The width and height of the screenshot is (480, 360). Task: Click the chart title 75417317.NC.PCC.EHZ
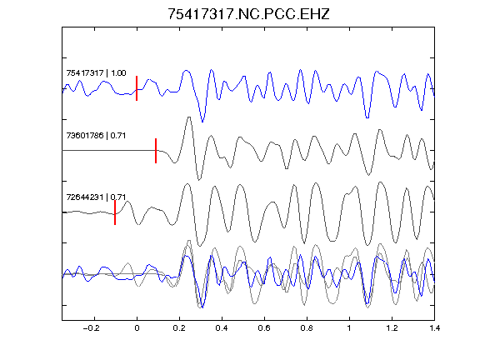coord(248,14)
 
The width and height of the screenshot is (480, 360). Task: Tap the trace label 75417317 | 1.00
coord(96,73)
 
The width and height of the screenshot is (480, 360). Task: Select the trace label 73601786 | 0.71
coord(96,135)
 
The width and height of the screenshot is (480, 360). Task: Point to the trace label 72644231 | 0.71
coord(96,197)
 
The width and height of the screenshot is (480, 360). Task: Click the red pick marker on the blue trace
coord(137,88)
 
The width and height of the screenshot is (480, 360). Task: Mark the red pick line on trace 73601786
coord(156,151)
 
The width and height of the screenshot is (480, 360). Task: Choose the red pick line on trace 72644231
coord(115,212)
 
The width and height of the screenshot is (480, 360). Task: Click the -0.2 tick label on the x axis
coord(92,328)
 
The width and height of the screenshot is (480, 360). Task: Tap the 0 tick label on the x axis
coord(137,328)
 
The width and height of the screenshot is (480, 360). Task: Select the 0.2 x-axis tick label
coord(179,328)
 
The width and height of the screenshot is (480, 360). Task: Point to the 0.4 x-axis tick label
coord(222,328)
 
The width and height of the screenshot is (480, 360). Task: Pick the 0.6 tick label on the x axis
coord(264,328)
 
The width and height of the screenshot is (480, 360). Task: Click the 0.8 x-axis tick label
coord(307,328)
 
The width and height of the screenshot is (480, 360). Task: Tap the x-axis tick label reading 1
coord(349,328)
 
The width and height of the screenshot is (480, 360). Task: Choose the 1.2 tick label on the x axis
coord(392,328)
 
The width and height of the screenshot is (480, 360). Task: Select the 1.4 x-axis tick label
coord(434,328)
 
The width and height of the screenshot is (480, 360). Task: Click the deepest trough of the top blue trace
coord(202,122)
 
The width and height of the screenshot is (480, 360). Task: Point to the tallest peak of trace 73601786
coord(189,117)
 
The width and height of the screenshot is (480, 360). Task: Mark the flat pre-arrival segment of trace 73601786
coord(109,150)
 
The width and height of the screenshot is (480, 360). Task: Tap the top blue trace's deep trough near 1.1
coord(367,117)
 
